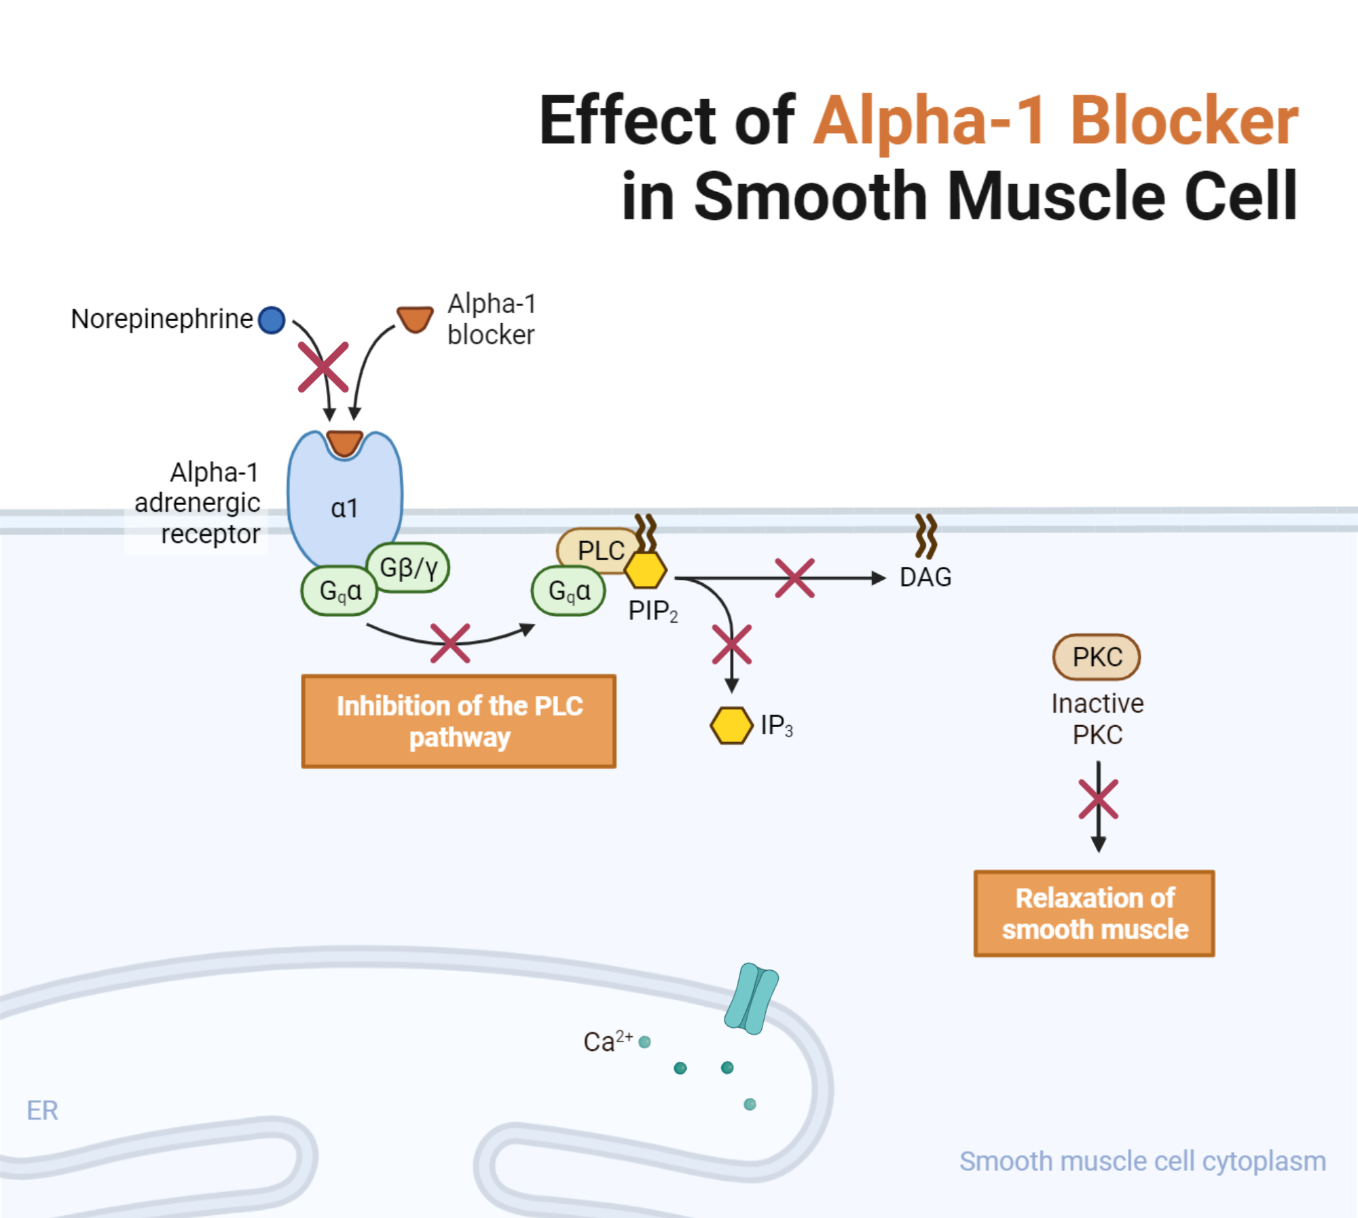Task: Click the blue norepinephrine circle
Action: (272, 320)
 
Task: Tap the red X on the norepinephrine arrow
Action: (323, 367)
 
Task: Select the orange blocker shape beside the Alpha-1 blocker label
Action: (415, 319)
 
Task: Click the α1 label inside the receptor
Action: (344, 508)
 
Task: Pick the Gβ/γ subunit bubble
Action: (408, 567)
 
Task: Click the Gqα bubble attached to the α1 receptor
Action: (339, 591)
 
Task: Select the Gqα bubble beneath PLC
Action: (568, 591)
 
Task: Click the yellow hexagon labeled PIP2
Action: (645, 570)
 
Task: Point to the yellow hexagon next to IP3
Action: (731, 725)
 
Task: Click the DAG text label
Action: (925, 577)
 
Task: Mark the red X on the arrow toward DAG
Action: (794, 578)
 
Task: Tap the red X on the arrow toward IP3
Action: (731, 644)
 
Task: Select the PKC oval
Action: (1096, 657)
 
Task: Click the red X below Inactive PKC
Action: (1098, 799)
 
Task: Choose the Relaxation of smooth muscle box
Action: (1094, 913)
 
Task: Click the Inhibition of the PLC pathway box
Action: (459, 721)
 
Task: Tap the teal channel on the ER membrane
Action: (751, 998)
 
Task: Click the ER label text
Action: (42, 1111)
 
